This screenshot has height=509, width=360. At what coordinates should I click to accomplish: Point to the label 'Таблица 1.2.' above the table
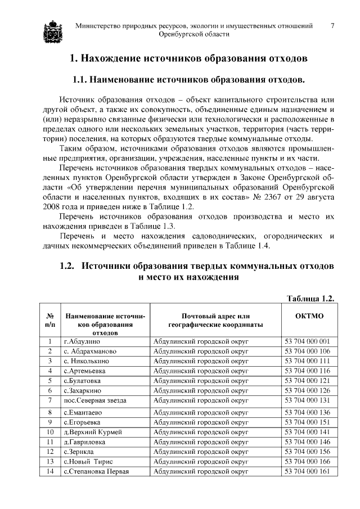(310, 298)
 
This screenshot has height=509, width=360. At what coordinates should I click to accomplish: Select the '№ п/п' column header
(49, 321)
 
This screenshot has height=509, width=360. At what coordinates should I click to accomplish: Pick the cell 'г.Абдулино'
(82, 341)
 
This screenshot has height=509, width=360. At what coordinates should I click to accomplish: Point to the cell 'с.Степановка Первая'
(96, 471)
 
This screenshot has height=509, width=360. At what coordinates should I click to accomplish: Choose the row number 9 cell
(49, 422)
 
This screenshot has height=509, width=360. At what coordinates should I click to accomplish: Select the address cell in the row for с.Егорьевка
(201, 422)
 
